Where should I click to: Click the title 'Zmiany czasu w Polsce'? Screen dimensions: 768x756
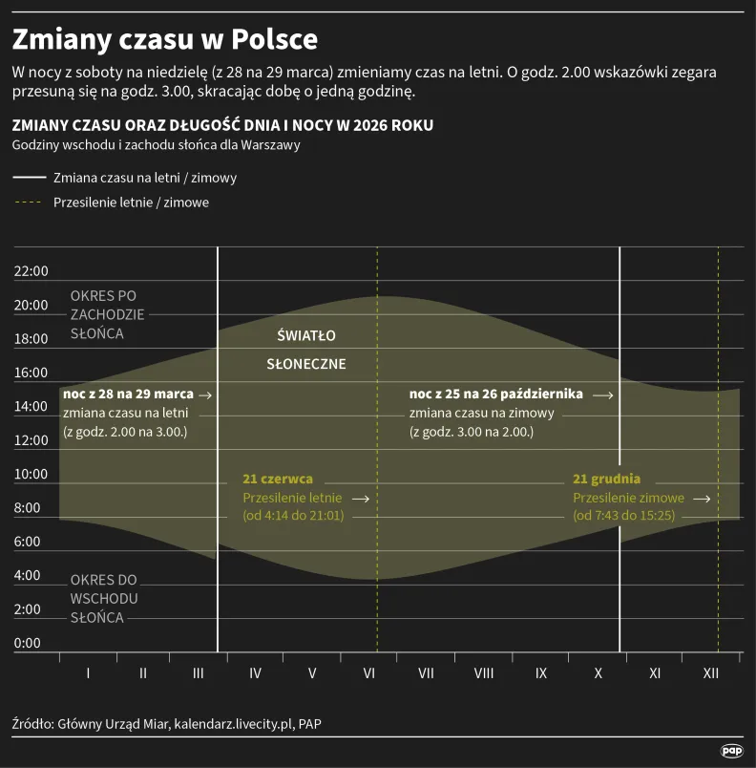164,40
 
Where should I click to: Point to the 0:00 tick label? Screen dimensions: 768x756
28,643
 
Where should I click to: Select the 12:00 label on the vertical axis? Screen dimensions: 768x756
31,440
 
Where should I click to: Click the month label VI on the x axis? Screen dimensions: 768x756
368,673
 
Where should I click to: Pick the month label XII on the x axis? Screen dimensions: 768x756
711,673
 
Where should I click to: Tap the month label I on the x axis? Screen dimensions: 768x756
88,673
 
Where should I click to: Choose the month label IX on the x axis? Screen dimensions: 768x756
541,673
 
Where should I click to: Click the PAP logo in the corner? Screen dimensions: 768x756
731,752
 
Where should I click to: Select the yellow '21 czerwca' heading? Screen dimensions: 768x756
278,480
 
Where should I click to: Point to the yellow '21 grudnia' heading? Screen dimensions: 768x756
606,480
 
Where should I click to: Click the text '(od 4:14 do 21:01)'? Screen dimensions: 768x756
293,516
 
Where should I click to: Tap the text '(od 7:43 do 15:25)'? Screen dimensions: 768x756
623,516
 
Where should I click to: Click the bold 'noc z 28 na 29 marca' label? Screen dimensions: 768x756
128,395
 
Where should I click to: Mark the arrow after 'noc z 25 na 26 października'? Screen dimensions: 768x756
601,395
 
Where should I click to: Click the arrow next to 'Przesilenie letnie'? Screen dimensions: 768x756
360,499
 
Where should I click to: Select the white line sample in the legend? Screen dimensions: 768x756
29,178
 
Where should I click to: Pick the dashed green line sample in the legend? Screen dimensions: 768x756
29,203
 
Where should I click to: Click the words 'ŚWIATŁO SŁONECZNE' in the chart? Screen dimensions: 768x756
305,350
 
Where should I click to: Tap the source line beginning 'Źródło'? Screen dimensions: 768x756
167,723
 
